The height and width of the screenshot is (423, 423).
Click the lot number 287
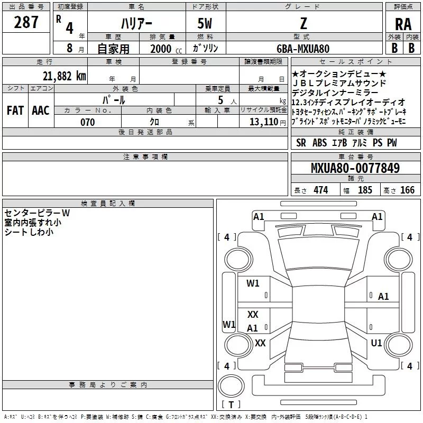tap(26, 22)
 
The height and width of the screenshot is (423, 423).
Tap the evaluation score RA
tap(403, 24)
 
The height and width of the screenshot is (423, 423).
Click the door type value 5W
tap(205, 23)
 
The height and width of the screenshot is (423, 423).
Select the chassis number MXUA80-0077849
tap(355, 169)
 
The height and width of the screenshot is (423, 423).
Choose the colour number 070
tap(87, 123)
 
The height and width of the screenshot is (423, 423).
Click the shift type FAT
tap(15, 110)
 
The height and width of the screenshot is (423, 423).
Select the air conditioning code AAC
tap(40, 110)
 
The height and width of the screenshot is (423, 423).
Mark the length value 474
tap(319, 190)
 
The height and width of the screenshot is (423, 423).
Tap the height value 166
tap(407, 190)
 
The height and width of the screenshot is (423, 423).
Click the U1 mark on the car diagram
tap(376, 343)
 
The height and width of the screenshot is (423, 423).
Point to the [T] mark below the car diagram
tap(231, 405)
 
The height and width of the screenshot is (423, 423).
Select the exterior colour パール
tap(114, 99)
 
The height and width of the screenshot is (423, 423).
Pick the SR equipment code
tap(301, 143)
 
